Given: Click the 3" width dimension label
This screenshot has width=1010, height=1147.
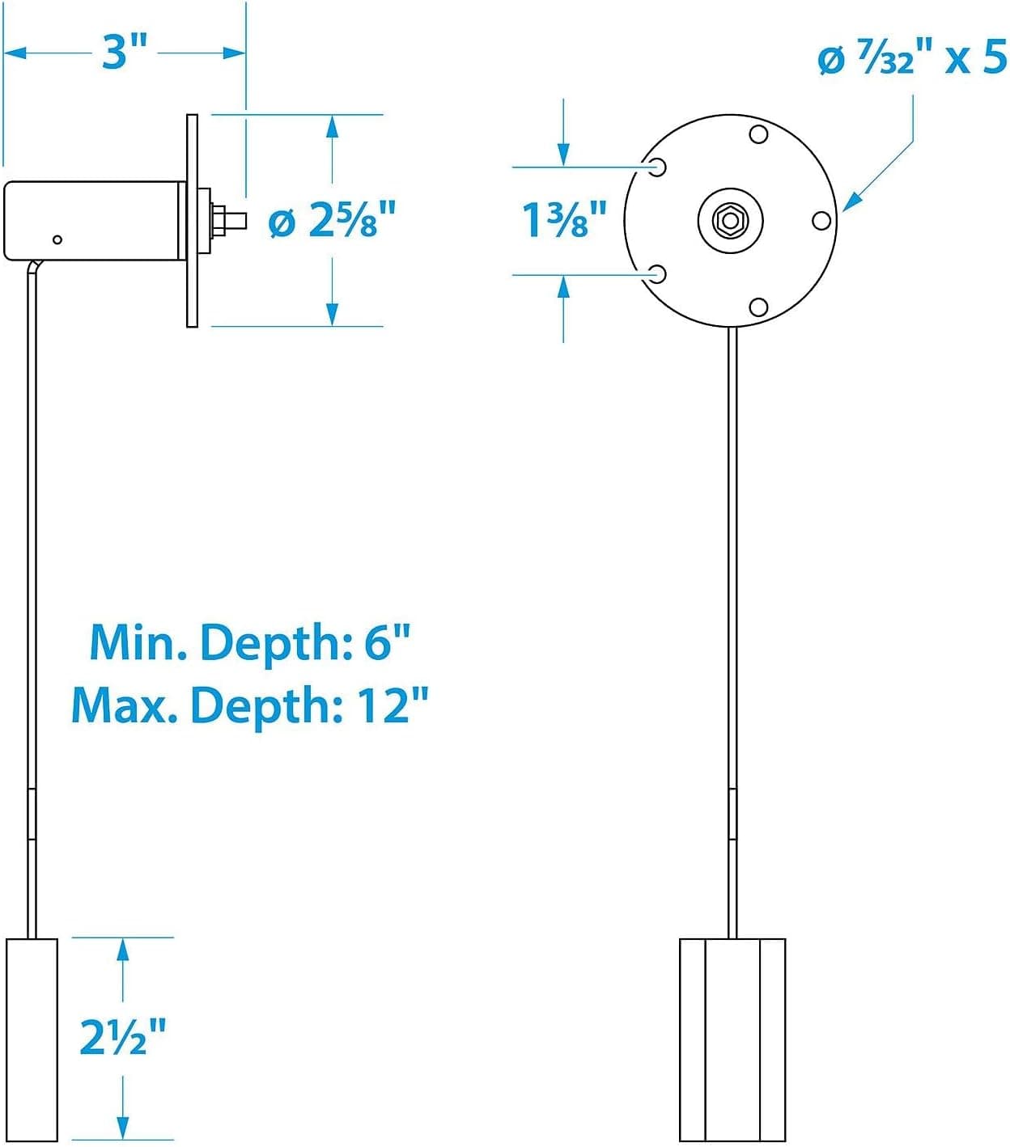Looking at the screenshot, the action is click(124, 52).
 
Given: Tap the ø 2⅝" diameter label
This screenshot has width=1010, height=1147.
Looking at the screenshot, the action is click(331, 220).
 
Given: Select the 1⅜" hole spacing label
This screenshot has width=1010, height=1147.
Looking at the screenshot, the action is click(564, 219).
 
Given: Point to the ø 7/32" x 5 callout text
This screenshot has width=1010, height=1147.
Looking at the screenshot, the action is click(913, 59).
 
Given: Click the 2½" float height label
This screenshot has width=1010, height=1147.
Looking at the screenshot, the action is click(123, 1037).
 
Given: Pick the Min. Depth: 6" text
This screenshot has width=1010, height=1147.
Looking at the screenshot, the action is click(250, 642).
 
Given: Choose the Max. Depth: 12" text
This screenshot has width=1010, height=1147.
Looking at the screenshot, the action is click(250, 706).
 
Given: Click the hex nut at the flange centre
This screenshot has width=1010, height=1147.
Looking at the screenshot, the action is click(730, 220).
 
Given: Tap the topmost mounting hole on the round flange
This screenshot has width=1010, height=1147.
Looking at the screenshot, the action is click(758, 135).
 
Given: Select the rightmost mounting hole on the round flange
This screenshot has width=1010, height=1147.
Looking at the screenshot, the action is click(821, 220).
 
